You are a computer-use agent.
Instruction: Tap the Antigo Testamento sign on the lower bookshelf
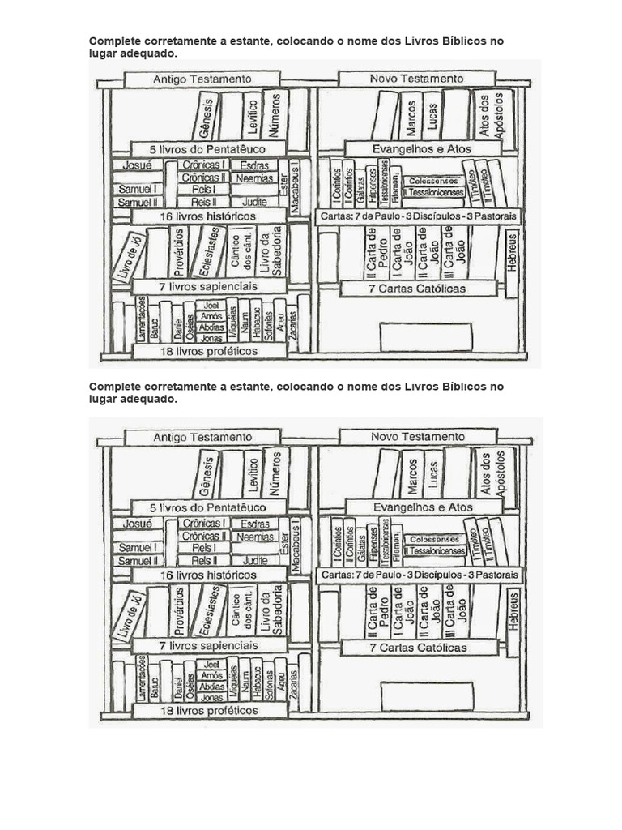point(202,437)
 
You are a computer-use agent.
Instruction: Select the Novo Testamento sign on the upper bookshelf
point(416,79)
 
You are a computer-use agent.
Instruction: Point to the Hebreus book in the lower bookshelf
point(513,611)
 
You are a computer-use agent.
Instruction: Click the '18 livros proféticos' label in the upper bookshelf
point(209,351)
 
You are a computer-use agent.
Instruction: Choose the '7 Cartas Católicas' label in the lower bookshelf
point(418,648)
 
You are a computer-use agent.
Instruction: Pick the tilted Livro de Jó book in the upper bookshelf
point(130,258)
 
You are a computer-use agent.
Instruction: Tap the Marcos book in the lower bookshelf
point(411,476)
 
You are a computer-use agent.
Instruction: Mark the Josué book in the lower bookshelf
point(137,524)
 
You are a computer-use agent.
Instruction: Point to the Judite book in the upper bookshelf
point(255,202)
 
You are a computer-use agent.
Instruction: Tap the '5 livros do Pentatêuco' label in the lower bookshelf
point(209,507)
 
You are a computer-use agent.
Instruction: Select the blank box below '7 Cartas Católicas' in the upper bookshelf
point(425,336)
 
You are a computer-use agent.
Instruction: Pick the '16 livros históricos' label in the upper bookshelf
point(209,216)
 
